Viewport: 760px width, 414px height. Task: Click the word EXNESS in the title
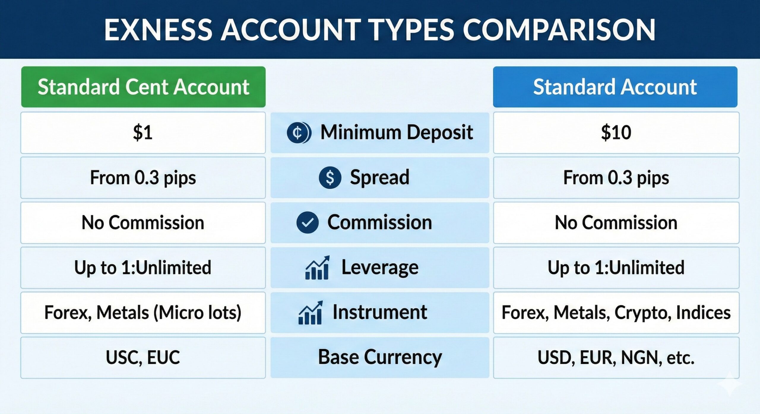[x=158, y=30]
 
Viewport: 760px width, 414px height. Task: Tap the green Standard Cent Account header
[x=143, y=87]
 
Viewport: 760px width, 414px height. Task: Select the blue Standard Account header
[x=615, y=87]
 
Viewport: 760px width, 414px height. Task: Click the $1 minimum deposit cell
[x=143, y=133]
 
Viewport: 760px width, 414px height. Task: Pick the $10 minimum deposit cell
[x=616, y=133]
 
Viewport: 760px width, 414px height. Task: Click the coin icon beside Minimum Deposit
[x=299, y=133]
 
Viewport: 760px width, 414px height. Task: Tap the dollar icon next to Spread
[x=330, y=178]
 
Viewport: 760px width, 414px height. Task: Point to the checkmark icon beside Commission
[x=307, y=222]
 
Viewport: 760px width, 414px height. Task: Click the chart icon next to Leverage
[x=317, y=267]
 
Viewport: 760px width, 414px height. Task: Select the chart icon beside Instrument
[x=310, y=313]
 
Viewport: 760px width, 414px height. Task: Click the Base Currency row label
[x=380, y=357]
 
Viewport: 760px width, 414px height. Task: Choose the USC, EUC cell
[x=143, y=357]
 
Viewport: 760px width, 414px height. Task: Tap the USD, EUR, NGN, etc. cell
[x=616, y=357]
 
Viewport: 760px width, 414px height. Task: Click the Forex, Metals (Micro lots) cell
[x=143, y=313]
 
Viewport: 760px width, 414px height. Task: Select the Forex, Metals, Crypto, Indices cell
[x=616, y=313]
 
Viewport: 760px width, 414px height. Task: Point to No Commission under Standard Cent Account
[x=143, y=222]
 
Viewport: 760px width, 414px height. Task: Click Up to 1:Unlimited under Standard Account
[x=616, y=267]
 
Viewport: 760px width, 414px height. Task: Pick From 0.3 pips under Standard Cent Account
[x=143, y=178]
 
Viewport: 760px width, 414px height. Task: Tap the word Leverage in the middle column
[x=380, y=267]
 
